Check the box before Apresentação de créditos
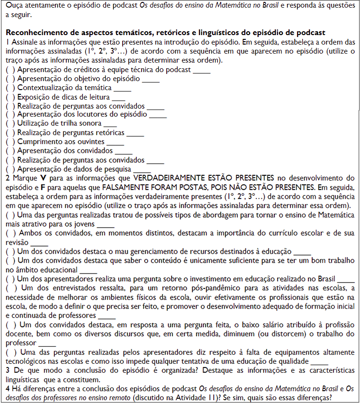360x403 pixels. (10, 70)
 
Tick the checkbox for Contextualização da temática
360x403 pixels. (10, 88)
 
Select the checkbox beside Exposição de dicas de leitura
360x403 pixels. (10, 97)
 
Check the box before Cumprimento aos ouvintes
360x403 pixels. (10, 142)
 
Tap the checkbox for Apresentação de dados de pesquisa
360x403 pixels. (10, 169)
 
